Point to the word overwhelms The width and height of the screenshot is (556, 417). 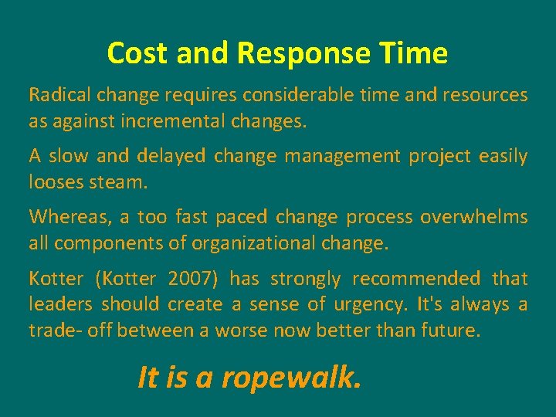[474, 217]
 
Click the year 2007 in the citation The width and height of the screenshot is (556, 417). [187, 278]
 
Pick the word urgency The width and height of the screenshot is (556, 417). [369, 304]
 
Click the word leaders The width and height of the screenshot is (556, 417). [61, 304]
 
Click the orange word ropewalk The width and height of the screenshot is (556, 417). [290, 378]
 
